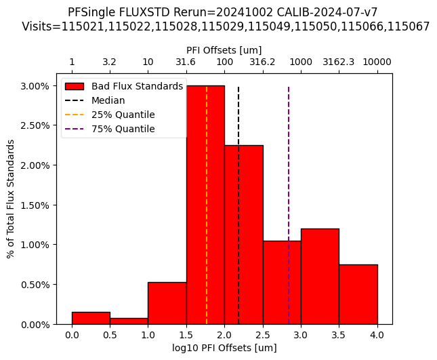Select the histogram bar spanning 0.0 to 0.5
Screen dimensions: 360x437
[91, 318]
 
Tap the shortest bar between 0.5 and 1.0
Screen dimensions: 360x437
[129, 321]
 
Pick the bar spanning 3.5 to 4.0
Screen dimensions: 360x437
[358, 294]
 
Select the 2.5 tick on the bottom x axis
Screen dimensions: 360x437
[263, 335]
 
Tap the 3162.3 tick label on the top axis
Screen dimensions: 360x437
[339, 62]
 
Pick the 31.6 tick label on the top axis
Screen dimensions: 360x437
[186, 62]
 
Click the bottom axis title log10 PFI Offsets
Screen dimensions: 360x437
[224, 348]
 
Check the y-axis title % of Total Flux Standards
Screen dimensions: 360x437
[11, 199]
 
